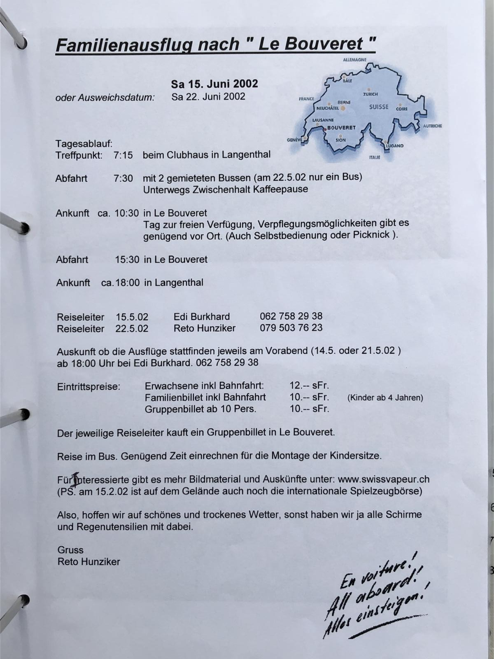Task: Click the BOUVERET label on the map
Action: pos(341,128)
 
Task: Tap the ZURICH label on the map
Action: pos(370,94)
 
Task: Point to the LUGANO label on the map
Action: pos(395,146)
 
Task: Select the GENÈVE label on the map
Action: pos(294,140)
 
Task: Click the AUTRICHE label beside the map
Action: pos(432,126)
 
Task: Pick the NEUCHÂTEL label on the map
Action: pos(328,108)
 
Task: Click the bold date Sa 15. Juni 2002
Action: pos(214,84)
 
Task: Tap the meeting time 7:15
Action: pos(123,155)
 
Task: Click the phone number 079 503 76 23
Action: pos(291,328)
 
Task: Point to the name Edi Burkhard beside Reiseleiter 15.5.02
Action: pos(202,317)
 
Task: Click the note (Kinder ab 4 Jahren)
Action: pos(385,398)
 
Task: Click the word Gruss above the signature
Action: pos(70,550)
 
